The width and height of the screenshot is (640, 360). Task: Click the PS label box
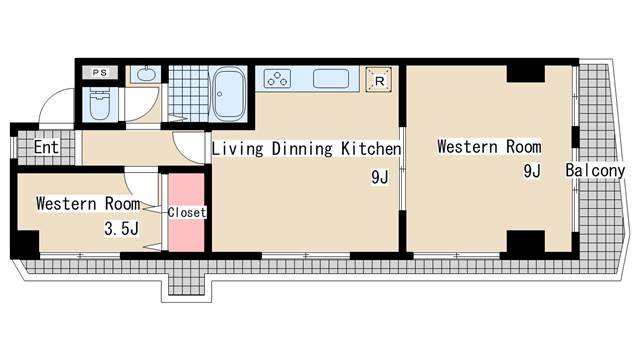[100, 73]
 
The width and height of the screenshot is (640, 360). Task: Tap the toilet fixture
[100, 104]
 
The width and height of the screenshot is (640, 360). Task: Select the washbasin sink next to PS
[146, 74]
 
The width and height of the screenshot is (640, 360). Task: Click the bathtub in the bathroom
[229, 94]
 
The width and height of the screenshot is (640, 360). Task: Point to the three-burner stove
[278, 78]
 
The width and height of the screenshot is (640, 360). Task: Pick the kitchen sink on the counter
[331, 78]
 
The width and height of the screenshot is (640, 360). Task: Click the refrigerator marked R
[379, 80]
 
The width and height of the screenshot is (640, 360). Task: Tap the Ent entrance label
[47, 147]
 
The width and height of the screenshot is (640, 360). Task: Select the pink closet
[187, 212]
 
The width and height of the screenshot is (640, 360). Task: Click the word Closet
[187, 212]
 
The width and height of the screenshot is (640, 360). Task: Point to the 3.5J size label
[122, 229]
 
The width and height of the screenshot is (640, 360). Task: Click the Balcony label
[595, 170]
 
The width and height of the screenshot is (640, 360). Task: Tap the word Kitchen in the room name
[371, 149]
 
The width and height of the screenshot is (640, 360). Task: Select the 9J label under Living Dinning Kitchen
[380, 177]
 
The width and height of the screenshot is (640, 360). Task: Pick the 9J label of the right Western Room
[532, 171]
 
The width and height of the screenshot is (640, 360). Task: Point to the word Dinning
[302, 149]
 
